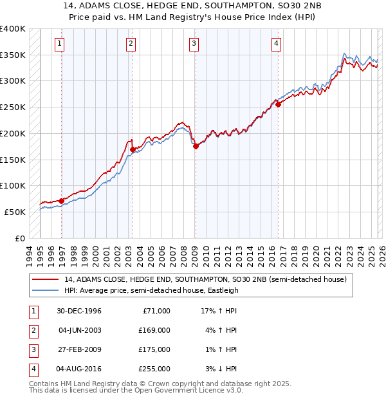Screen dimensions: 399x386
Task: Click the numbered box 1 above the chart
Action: tap(59, 44)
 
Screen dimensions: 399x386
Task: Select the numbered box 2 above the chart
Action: tap(131, 44)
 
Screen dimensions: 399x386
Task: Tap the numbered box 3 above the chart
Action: tap(194, 44)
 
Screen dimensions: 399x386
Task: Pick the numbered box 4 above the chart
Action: tap(275, 44)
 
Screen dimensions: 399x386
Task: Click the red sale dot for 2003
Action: tap(133, 149)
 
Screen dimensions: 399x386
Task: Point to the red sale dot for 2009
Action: tap(196, 146)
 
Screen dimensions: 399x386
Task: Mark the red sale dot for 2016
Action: tap(279, 104)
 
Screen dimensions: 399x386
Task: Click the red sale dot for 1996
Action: tap(62, 201)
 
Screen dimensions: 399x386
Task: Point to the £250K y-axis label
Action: tap(13, 107)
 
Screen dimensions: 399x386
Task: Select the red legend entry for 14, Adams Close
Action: tap(205, 279)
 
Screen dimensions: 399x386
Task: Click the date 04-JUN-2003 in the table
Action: tap(79, 330)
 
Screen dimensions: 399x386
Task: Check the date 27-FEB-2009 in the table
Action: tap(79, 349)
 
